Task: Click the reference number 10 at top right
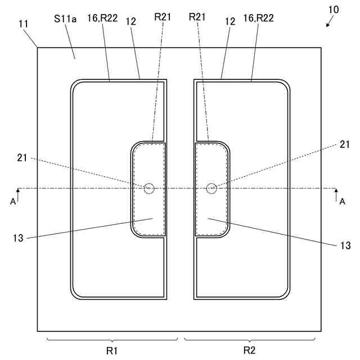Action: (334, 10)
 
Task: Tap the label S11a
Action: (65, 19)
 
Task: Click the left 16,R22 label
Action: (102, 19)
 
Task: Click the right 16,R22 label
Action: (258, 19)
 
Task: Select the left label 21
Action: (23, 157)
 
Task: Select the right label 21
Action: (344, 145)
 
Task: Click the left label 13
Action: (19, 238)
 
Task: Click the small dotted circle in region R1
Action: (148, 188)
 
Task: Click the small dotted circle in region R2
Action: (211, 188)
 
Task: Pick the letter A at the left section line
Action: (13, 201)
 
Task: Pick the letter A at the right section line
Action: (342, 201)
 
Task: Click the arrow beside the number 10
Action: (329, 22)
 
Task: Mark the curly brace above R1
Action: (112, 339)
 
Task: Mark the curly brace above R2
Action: (250, 339)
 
